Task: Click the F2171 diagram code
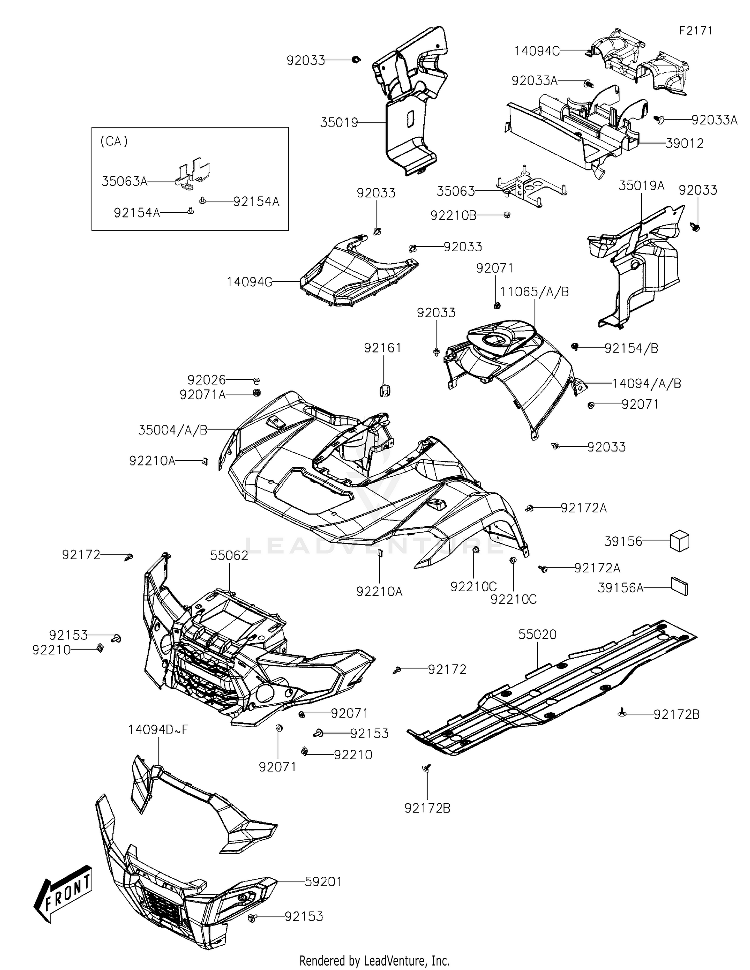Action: pos(695,31)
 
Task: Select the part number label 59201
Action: pos(323,882)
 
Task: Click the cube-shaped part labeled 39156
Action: pos(679,541)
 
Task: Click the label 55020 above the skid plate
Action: pos(537,634)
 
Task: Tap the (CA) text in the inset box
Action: pos(114,142)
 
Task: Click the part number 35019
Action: pos(339,122)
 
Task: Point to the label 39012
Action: pos(684,144)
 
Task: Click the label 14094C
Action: pos(537,51)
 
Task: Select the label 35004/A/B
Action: pos(173,430)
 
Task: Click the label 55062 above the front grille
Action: pos(229,555)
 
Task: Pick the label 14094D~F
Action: pos(158,730)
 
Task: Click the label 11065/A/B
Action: pos(534,292)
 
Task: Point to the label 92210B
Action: pos(453,215)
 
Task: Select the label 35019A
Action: pos(641,186)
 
